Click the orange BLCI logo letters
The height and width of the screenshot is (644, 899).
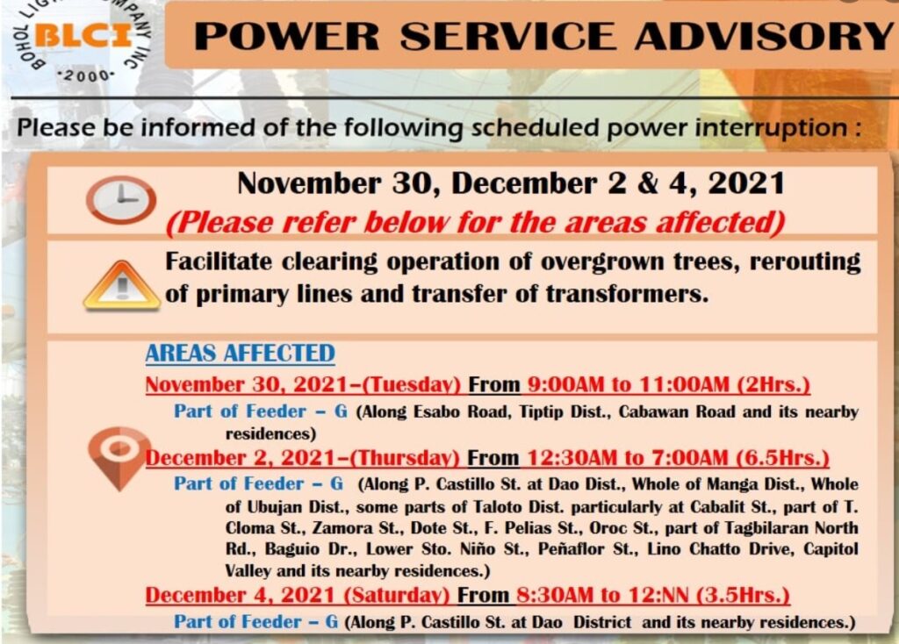[x=84, y=36]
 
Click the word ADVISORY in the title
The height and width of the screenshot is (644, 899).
[x=766, y=36]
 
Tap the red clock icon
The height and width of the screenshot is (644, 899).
[x=121, y=199]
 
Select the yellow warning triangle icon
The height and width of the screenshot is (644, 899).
[x=121, y=285]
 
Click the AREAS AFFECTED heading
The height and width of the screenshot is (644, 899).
[x=241, y=354]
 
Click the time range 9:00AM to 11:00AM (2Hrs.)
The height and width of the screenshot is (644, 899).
[x=668, y=384]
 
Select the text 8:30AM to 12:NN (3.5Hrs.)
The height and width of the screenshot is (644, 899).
[x=653, y=595]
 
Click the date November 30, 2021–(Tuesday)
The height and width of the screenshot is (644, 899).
[x=303, y=384]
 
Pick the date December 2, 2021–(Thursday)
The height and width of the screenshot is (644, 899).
[x=303, y=458]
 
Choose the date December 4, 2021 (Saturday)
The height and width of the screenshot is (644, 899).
[x=298, y=595]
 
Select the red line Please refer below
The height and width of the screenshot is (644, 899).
[x=475, y=222]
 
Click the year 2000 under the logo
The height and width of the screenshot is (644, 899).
[x=86, y=75]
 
